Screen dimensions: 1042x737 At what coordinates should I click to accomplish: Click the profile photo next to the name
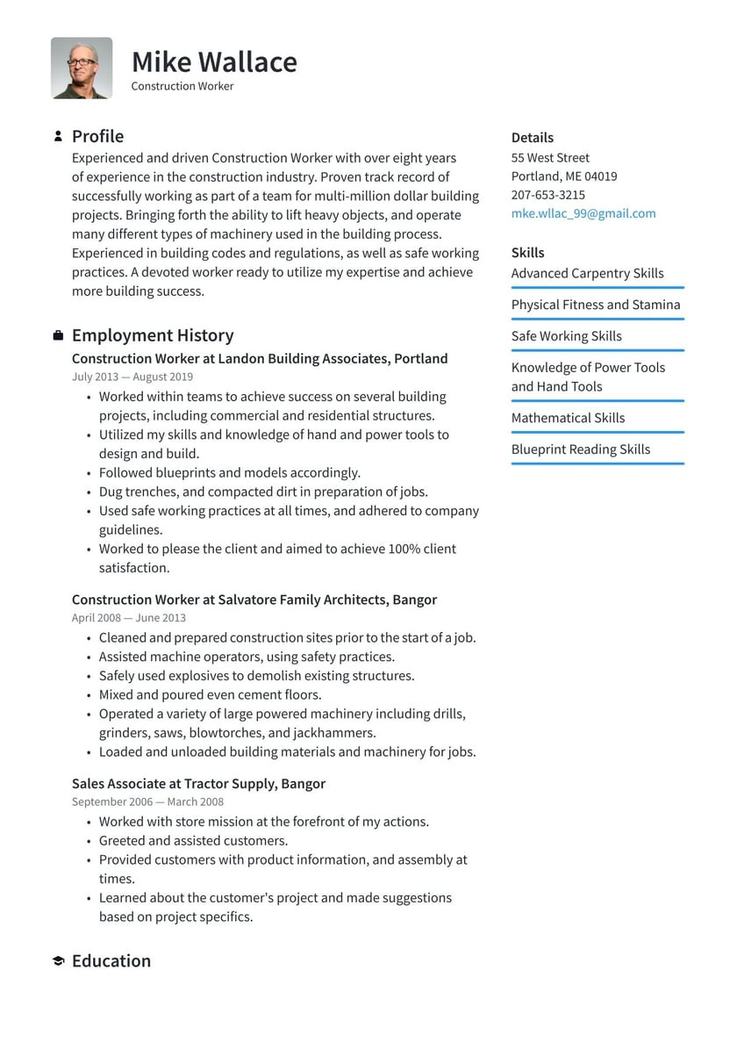pos(82,68)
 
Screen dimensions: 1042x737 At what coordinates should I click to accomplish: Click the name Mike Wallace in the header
pos(214,62)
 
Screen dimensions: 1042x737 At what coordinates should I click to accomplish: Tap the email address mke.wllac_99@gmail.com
pos(583,213)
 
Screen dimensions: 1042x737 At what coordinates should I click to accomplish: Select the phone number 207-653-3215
pos(548,195)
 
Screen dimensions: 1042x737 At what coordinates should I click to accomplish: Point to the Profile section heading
pos(97,136)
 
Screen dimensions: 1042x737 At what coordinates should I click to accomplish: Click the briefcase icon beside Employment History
pos(58,335)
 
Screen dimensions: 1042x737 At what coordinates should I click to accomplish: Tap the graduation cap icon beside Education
pos(58,961)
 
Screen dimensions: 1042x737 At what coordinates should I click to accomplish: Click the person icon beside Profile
pos(58,136)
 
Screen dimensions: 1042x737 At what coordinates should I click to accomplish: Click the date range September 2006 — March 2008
pos(147,801)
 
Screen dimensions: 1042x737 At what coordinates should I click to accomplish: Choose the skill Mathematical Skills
pos(569,418)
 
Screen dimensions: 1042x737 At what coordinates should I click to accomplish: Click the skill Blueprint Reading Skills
pos(581,449)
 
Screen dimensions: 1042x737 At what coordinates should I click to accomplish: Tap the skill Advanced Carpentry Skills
pos(588,273)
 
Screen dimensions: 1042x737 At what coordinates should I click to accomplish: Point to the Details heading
pos(533,138)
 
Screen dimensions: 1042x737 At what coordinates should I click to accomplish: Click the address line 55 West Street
pos(550,158)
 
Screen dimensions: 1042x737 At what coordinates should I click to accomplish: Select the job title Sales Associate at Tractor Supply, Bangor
pos(198,783)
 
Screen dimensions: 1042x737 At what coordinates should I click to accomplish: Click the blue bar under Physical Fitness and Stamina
pos(597,319)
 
